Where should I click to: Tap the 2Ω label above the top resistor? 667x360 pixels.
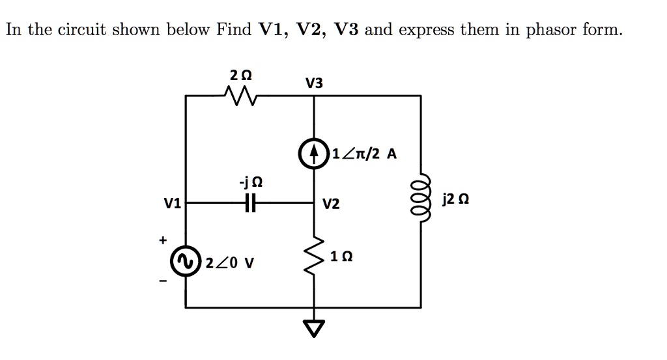point(240,74)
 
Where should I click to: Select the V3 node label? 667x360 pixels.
point(313,83)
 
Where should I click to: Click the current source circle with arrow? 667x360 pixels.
point(315,155)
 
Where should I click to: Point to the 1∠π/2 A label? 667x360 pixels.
point(363,155)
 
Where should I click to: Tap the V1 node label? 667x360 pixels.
point(173,204)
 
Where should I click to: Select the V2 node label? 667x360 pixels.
point(331,205)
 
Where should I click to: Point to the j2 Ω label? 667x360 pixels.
point(455,201)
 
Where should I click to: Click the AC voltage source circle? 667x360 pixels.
point(187,263)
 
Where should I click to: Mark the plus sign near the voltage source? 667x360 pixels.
point(162,241)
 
